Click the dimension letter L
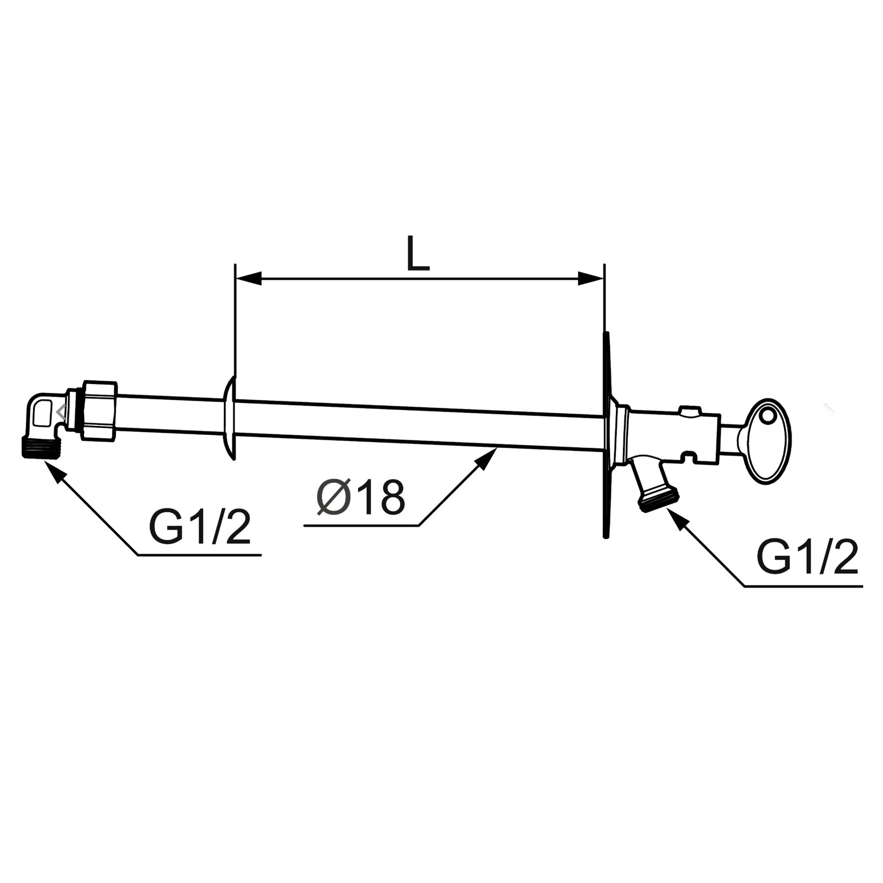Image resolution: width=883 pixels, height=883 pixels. click(x=418, y=253)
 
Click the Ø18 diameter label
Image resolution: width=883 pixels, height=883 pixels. click(x=361, y=497)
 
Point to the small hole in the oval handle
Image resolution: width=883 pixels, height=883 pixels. click(x=767, y=414)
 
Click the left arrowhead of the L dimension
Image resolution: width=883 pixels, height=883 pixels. click(x=248, y=279)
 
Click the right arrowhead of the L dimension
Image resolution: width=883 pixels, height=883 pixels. click(x=591, y=279)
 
